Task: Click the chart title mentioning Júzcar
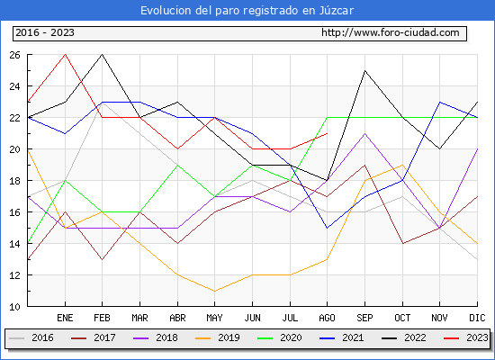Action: (247, 11)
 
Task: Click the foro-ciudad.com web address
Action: (391, 32)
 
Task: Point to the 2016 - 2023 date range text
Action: (45, 32)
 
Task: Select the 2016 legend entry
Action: (31, 337)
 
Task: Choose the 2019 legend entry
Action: (218, 337)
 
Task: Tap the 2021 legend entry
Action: (342, 337)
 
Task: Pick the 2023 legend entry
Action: (466, 337)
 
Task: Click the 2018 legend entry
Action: (156, 337)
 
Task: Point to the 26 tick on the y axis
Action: (14, 55)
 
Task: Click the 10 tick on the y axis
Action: (14, 307)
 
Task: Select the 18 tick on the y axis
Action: (14, 181)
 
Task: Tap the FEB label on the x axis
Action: (102, 318)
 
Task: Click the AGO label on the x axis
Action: (327, 318)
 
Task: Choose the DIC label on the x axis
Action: (477, 318)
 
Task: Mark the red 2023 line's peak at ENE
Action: (65, 54)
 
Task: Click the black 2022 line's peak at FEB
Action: (102, 54)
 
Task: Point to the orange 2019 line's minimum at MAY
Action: (215, 292)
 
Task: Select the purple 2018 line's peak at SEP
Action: (364, 133)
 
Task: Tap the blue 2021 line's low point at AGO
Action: (327, 228)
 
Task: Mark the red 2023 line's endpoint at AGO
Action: (327, 133)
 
